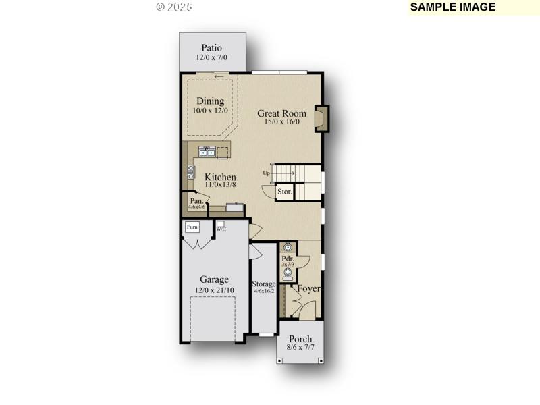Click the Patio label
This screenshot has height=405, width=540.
pyautogui.click(x=212, y=48)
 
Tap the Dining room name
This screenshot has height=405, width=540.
pyautogui.click(x=210, y=101)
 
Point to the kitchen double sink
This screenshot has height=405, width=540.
pyautogui.click(x=207, y=152)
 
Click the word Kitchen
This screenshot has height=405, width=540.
pyautogui.click(x=221, y=177)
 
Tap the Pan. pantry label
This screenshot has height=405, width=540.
pyautogui.click(x=196, y=201)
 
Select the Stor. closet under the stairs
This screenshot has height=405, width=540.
pyautogui.click(x=285, y=192)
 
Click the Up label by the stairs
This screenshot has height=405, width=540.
pyautogui.click(x=267, y=173)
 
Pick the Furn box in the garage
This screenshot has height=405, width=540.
pyautogui.click(x=192, y=227)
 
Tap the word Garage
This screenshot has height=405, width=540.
pyautogui.click(x=214, y=279)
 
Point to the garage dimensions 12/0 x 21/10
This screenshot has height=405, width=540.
pyautogui.click(x=214, y=290)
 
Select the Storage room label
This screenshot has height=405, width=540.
pyautogui.click(x=264, y=284)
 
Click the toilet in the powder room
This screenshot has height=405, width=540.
pyautogui.click(x=288, y=274)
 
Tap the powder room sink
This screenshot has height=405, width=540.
pyautogui.click(x=288, y=247)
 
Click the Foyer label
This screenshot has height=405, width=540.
pyautogui.click(x=309, y=289)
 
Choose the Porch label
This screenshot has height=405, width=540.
pyautogui.click(x=300, y=339)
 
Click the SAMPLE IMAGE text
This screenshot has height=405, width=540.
pyautogui.click(x=453, y=7)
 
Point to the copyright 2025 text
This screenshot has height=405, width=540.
pyautogui.click(x=174, y=7)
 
